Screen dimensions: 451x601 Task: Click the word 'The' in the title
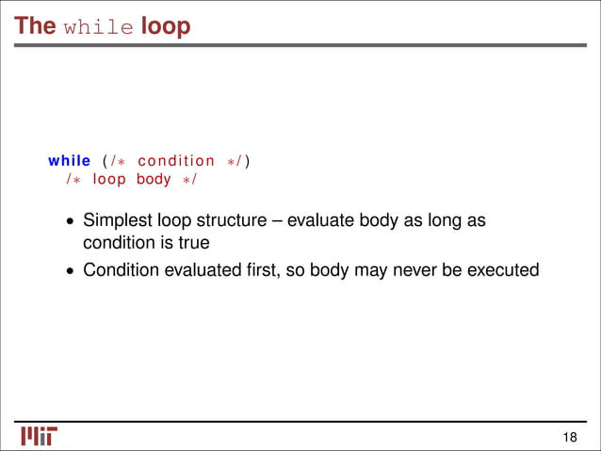(x=35, y=25)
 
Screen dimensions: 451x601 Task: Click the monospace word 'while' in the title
(x=99, y=27)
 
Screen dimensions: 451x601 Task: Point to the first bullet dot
(x=70, y=223)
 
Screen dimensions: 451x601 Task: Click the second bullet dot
(x=70, y=271)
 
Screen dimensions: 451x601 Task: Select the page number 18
(x=569, y=436)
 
